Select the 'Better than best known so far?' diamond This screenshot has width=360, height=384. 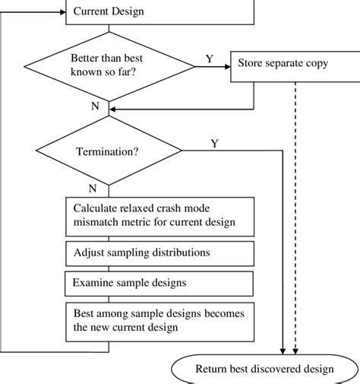111,65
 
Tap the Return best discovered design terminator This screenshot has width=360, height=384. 264,369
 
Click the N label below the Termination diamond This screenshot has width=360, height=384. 92,186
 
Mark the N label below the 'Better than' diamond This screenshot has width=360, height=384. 95,106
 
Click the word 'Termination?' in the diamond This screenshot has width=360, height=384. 108,152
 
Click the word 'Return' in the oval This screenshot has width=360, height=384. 213,370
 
